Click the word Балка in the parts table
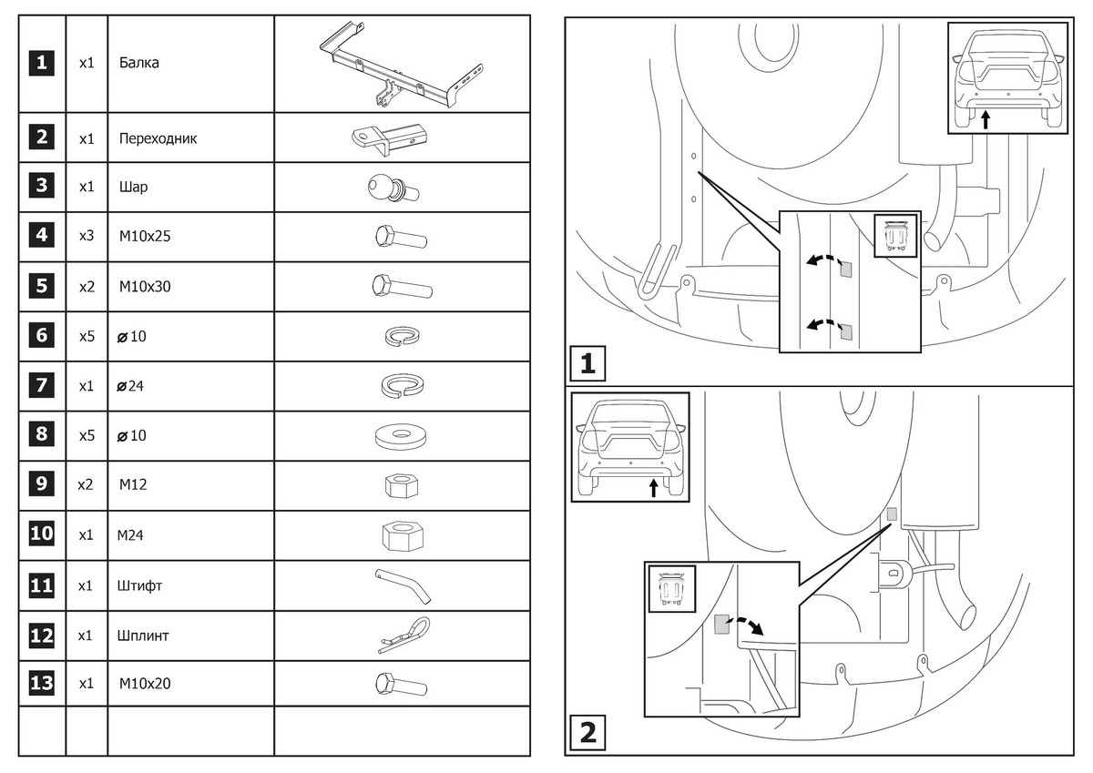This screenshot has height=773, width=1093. [138, 64]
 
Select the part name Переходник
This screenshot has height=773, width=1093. [158, 139]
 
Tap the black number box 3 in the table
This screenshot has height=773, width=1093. [42, 187]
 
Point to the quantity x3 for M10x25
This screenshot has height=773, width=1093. [87, 237]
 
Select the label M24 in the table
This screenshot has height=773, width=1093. [131, 535]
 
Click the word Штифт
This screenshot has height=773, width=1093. [140, 585]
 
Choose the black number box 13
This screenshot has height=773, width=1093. [42, 684]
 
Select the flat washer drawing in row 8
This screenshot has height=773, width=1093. [401, 435]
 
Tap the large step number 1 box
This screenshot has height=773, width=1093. [587, 365]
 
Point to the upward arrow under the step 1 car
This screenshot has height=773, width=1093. [986, 119]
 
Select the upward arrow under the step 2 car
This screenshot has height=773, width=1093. [653, 488]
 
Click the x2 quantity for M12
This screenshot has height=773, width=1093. [86, 485]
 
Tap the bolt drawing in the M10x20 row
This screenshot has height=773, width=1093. [400, 684]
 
